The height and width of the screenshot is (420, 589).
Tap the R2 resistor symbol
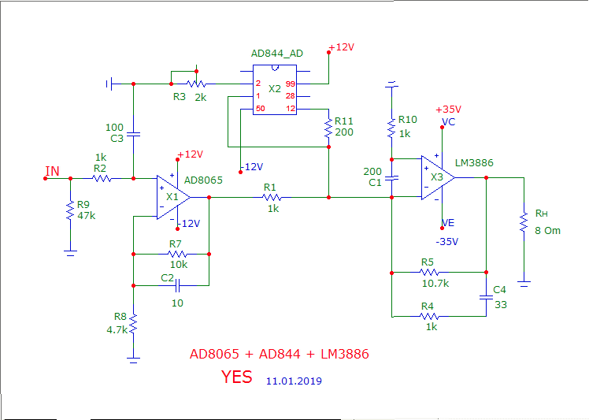pos(100,179)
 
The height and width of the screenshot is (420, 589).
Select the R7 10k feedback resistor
pos(176,255)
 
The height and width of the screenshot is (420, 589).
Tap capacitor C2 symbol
pos(177,285)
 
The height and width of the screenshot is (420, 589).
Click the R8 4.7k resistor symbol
pos(134,324)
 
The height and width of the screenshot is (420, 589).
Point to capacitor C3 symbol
pos(133,135)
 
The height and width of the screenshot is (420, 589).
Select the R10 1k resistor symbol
pos(391,127)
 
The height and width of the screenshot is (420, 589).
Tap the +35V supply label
pos(448,110)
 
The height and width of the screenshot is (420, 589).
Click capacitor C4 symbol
pos(487,297)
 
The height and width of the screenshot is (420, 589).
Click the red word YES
pos(237,377)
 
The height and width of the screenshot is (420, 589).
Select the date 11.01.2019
pos(294,380)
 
